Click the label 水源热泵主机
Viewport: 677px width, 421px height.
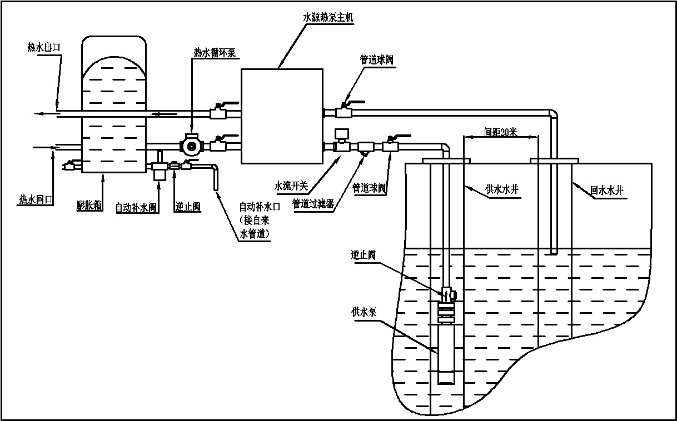point(328,17)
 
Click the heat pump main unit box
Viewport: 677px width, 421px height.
point(281,116)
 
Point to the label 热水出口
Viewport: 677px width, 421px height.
point(44,47)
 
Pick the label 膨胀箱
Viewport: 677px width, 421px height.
point(89,206)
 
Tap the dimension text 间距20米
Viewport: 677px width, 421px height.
point(500,132)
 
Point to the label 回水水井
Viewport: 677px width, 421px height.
point(608,191)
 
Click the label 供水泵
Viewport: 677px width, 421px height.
point(364,312)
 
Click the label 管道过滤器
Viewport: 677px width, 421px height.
point(313,204)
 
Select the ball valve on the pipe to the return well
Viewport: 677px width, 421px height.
point(343,112)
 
